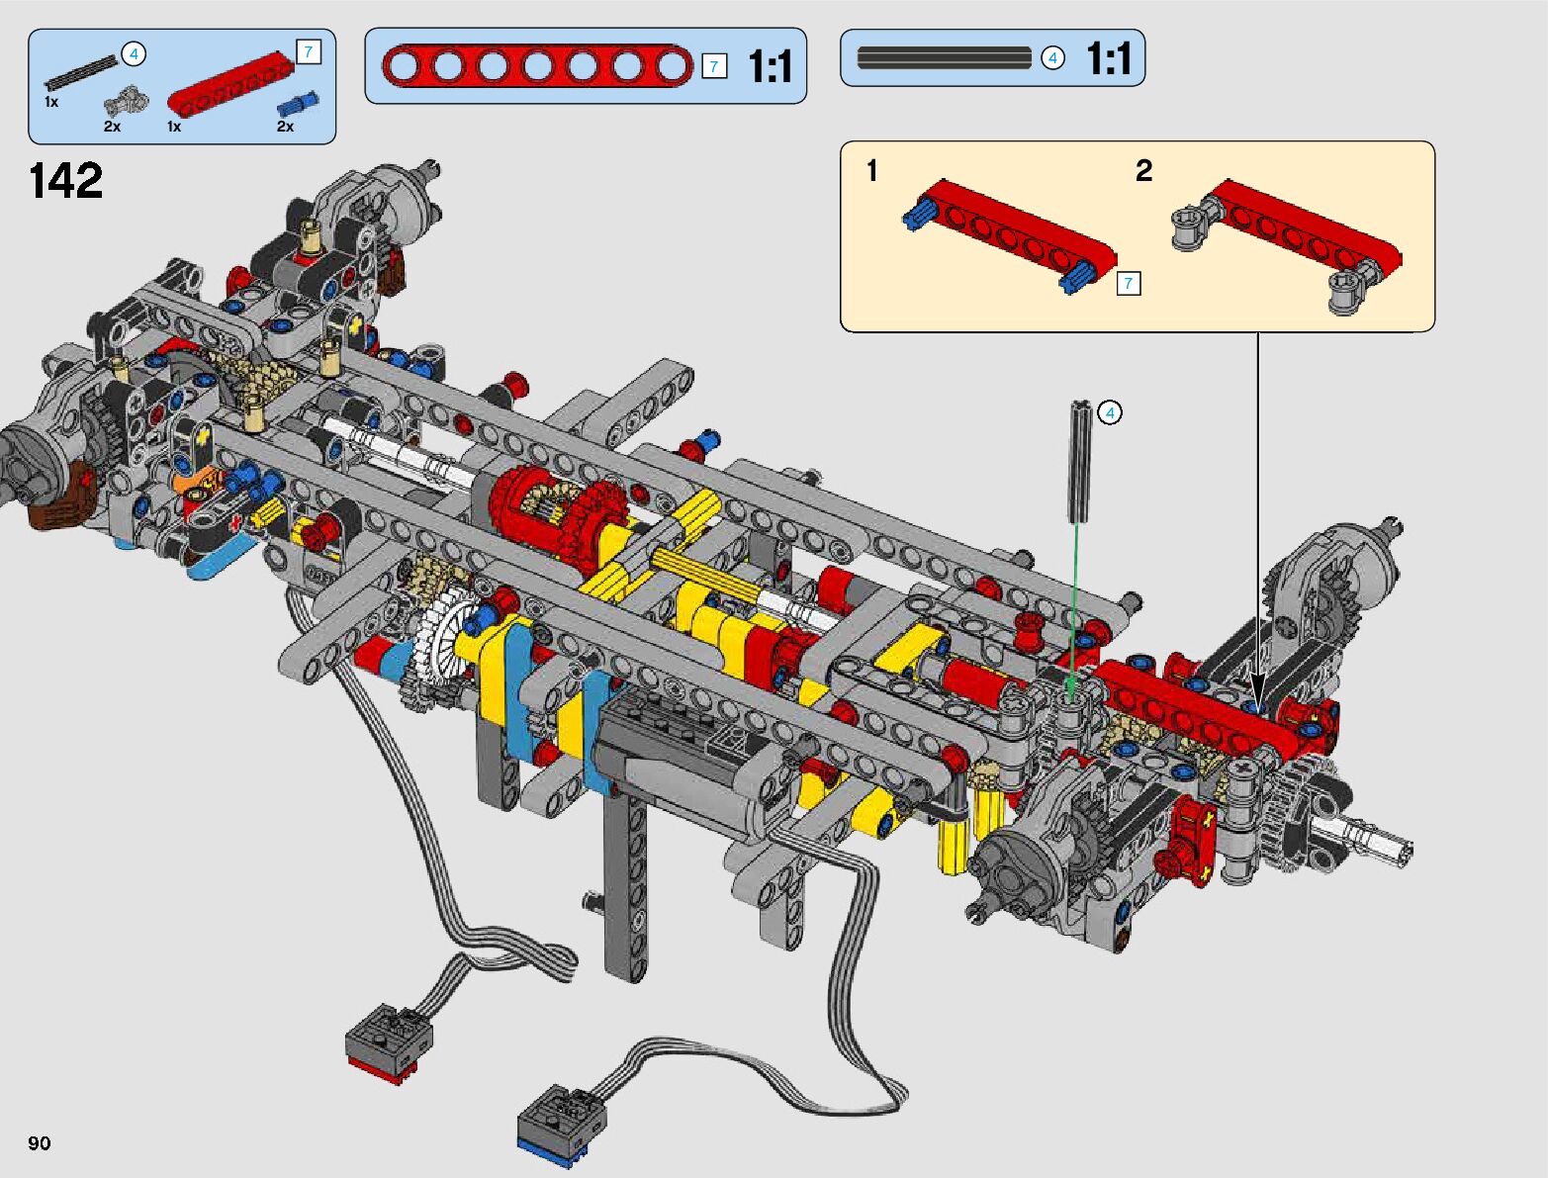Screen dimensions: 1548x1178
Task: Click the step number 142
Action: (66, 180)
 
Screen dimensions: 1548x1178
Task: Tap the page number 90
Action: (40, 1142)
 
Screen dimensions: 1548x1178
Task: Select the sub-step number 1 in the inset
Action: (872, 170)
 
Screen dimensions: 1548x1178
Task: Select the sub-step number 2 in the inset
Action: (1143, 170)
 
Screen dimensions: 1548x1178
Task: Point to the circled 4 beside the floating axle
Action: (1110, 412)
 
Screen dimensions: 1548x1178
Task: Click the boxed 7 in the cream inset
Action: (1129, 284)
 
